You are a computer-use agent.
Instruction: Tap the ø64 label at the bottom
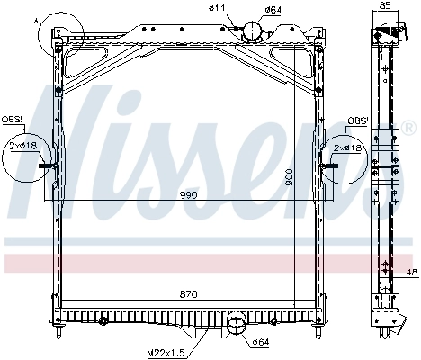click(261, 342)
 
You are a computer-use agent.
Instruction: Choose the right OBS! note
click(357, 120)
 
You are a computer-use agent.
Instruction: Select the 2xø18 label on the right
click(347, 147)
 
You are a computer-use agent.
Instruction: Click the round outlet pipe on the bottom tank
click(237, 324)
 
